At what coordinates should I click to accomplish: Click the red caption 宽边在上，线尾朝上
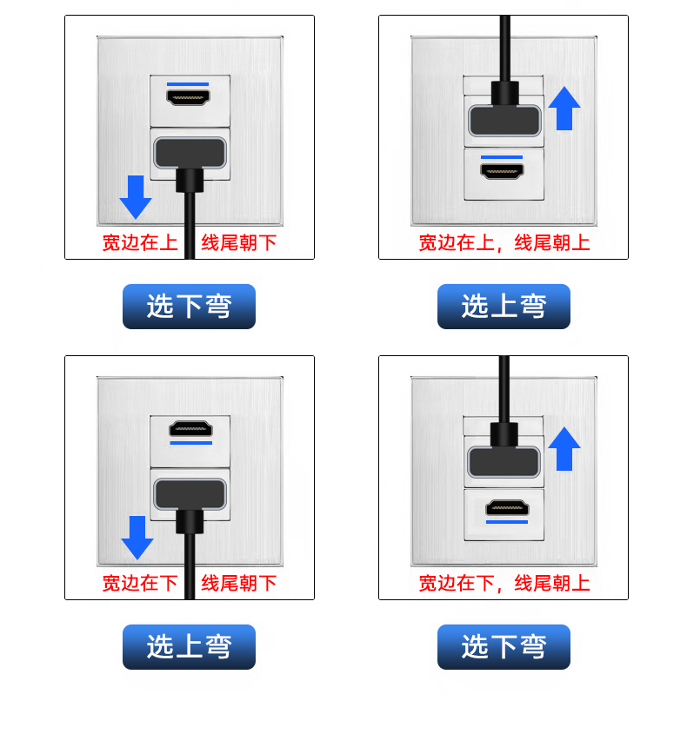(504, 242)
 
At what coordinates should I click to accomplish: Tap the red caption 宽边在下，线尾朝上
(504, 583)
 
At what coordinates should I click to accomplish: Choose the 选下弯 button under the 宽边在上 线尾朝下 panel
(189, 306)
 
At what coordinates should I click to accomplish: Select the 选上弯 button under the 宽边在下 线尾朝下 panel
(189, 646)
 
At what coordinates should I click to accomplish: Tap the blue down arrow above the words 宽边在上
(135, 196)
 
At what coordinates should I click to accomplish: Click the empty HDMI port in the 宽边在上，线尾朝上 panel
(504, 172)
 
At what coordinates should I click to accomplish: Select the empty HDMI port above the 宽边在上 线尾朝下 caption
(189, 98)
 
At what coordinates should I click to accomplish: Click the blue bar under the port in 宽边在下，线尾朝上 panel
(506, 523)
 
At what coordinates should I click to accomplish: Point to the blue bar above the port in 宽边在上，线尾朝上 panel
(503, 157)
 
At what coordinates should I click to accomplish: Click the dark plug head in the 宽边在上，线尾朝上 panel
(504, 119)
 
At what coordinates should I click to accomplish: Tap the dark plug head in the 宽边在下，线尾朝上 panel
(504, 459)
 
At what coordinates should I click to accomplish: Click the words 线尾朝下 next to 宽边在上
(239, 242)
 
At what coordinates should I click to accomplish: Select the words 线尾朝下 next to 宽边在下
(239, 583)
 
